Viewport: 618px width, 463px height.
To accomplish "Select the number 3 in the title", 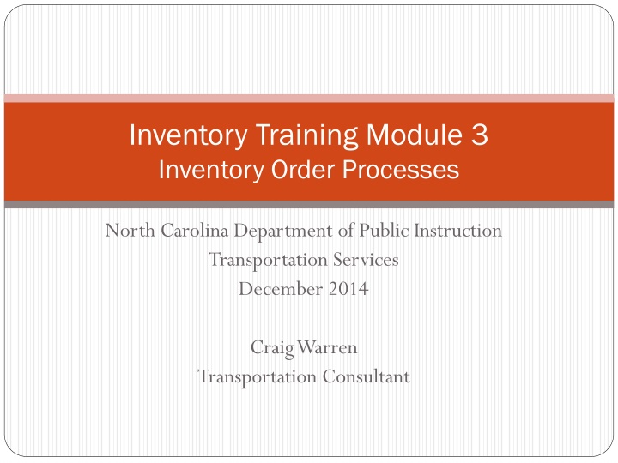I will (479, 135).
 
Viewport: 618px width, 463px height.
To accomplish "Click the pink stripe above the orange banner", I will (309, 98).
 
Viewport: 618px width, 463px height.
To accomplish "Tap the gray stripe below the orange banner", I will (309, 205).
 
